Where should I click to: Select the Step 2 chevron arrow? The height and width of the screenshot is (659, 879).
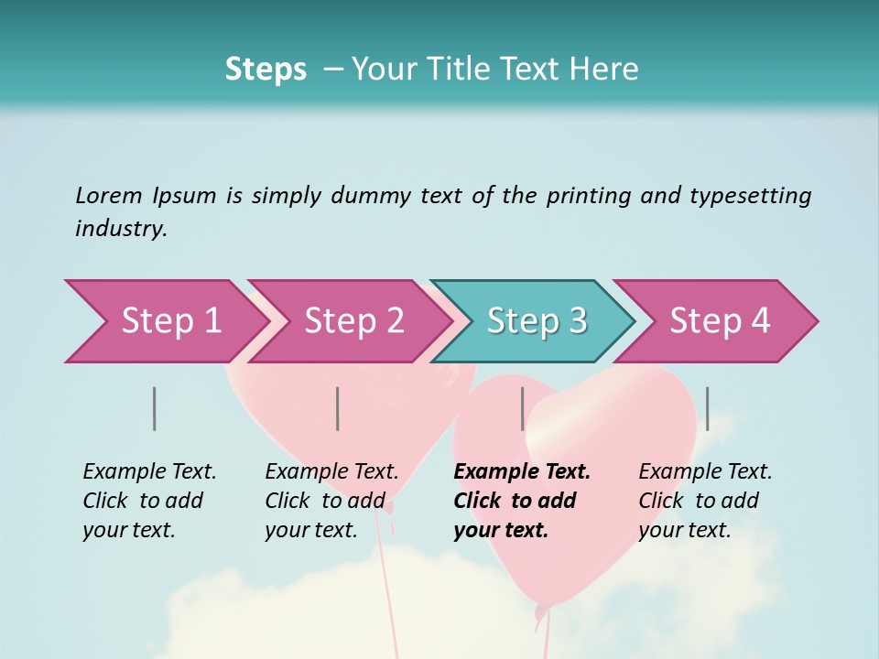[x=353, y=321]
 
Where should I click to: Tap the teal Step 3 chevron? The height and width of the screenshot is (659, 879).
[x=536, y=321]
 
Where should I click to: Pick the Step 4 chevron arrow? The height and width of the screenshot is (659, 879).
[x=719, y=321]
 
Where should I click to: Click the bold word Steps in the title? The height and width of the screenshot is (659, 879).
[x=266, y=70]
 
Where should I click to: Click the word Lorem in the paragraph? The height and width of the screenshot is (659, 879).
[x=109, y=195]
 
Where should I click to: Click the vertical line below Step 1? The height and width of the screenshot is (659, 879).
[x=155, y=408]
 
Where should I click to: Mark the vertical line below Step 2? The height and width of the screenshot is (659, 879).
[x=338, y=408]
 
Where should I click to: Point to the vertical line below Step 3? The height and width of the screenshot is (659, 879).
[x=522, y=408]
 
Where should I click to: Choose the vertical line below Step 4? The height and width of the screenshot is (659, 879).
[x=707, y=408]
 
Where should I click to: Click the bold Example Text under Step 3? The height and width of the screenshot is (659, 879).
[x=522, y=472]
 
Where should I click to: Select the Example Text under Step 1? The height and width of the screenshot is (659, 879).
[x=149, y=472]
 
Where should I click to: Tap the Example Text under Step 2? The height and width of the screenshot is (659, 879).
[x=331, y=472]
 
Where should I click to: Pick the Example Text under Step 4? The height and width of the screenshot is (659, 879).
[x=705, y=472]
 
